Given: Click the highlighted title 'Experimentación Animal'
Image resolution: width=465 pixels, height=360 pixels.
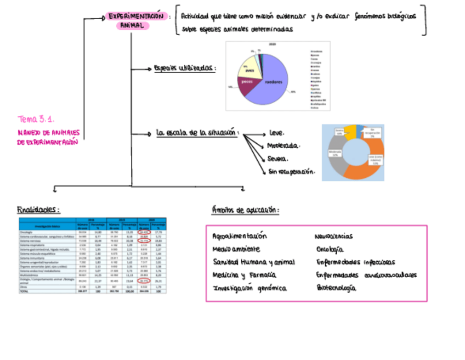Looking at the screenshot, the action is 135,20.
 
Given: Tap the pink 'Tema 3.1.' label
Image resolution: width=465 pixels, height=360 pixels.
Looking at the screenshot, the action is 36,119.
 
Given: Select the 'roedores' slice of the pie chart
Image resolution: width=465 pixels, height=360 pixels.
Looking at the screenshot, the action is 273,82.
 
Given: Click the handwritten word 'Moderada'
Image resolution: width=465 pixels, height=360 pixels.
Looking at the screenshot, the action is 283,146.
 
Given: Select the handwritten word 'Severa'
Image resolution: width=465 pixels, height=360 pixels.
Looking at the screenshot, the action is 278,159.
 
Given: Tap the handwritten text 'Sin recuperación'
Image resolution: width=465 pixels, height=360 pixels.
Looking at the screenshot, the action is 291,172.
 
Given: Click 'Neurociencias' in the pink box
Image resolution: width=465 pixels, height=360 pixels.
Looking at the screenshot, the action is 334,237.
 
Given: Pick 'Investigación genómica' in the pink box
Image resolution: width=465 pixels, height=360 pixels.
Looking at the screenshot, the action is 249,288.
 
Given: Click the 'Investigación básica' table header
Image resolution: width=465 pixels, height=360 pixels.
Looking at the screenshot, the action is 47,225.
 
